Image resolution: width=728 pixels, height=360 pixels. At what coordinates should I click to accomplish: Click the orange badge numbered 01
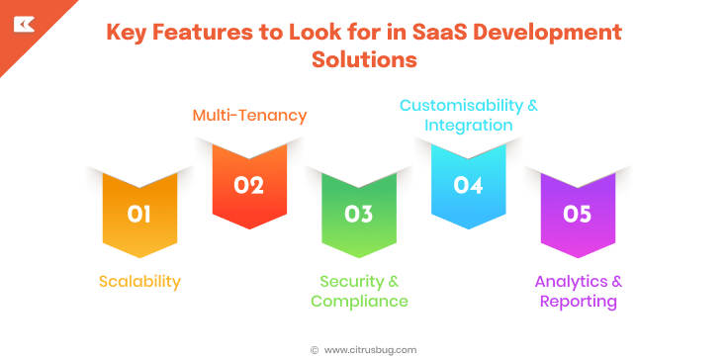click(x=139, y=214)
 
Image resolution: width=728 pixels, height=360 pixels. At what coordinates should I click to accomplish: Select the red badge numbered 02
click(x=249, y=185)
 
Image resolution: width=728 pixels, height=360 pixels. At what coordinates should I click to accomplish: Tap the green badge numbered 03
click(x=359, y=214)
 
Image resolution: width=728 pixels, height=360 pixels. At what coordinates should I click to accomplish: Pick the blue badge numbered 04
click(x=468, y=185)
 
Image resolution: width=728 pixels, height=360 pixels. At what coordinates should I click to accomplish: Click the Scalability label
click(x=139, y=281)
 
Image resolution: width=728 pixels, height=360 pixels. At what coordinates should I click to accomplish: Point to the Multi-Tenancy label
click(x=249, y=116)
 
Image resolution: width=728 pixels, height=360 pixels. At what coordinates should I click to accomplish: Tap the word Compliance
click(x=359, y=301)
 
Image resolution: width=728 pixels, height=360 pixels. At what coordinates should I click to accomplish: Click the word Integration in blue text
click(x=468, y=126)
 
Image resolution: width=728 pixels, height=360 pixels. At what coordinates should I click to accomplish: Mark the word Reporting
click(x=579, y=301)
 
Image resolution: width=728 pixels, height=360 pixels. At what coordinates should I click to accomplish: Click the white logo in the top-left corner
click(x=24, y=24)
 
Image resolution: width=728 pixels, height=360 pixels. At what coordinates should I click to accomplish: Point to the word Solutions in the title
click(x=364, y=59)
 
